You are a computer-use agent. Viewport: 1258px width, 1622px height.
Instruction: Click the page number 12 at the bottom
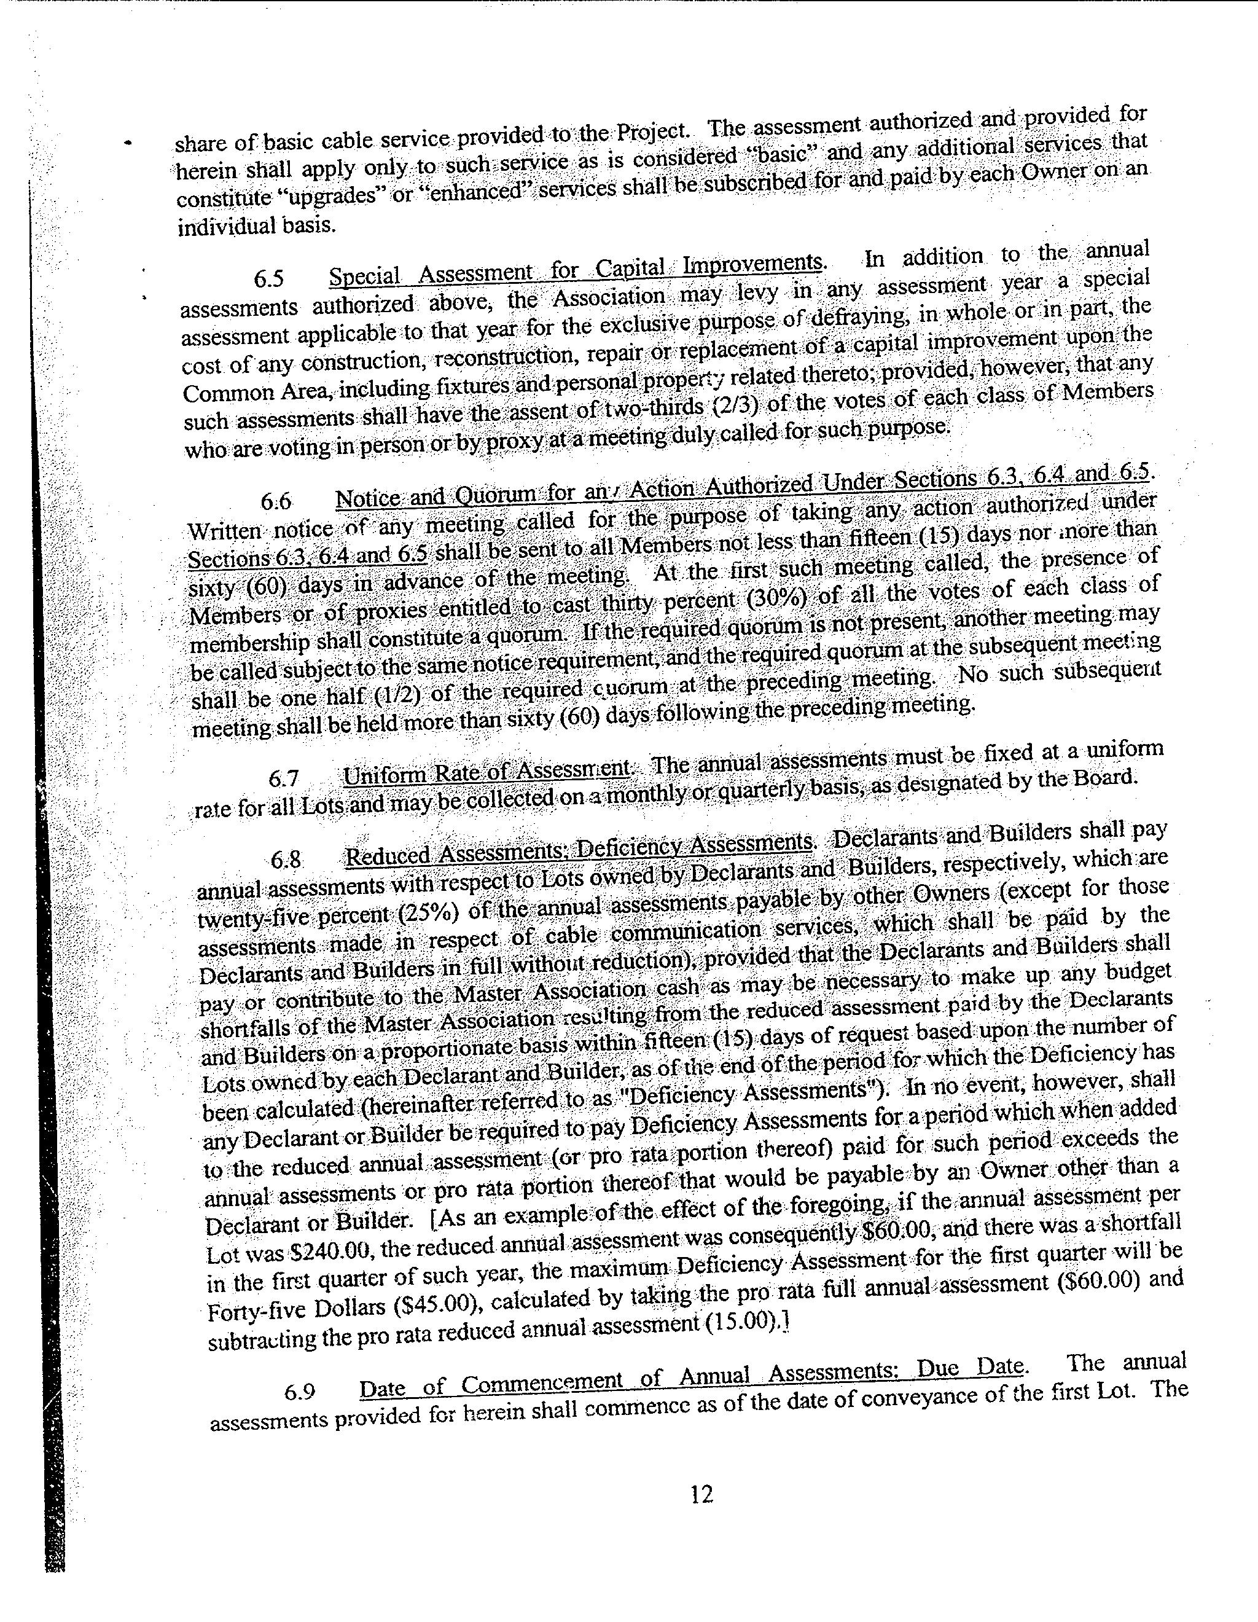[701, 1494]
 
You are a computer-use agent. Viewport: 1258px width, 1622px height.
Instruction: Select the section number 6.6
[276, 502]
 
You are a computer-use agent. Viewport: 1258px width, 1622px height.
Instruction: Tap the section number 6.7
[284, 778]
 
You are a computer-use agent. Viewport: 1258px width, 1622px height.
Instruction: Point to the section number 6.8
[286, 860]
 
